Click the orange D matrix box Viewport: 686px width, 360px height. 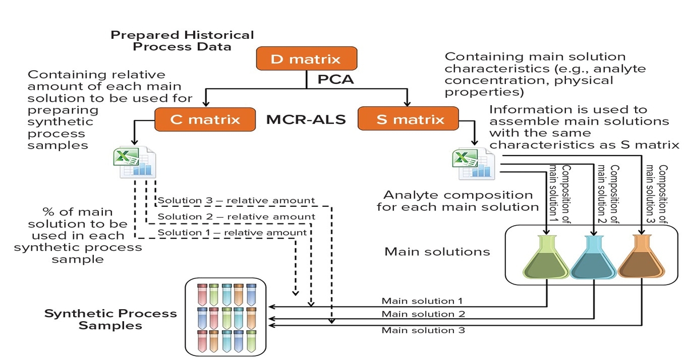point(306,59)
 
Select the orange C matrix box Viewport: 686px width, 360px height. point(205,120)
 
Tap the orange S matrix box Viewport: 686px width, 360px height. point(409,120)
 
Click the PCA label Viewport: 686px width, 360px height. point(336,79)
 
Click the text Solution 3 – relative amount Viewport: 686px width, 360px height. point(236,201)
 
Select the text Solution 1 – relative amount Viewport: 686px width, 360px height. point(232,233)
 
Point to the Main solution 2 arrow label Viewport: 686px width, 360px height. point(423,314)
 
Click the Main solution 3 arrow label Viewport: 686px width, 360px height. point(423,330)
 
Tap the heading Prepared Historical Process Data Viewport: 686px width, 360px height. point(182,41)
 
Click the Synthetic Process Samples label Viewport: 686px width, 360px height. point(110,319)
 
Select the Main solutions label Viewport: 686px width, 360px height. point(437,251)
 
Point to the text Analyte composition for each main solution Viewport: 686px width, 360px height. point(458,201)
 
